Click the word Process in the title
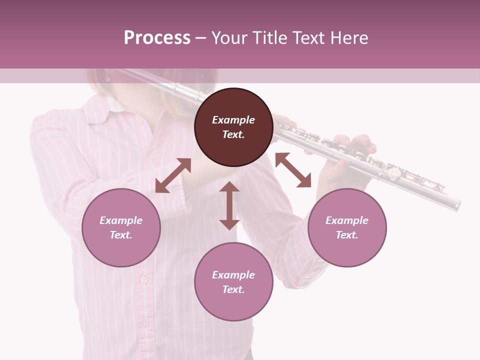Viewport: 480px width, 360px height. point(157,38)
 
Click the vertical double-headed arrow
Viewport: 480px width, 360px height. point(229,205)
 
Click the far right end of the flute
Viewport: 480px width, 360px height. point(456,204)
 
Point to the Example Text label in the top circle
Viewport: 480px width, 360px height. point(233,127)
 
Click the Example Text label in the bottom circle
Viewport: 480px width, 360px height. point(233,282)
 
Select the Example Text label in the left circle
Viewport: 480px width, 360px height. point(121,227)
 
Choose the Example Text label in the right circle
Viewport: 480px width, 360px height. point(347,227)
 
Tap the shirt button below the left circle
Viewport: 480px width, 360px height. point(144,280)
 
